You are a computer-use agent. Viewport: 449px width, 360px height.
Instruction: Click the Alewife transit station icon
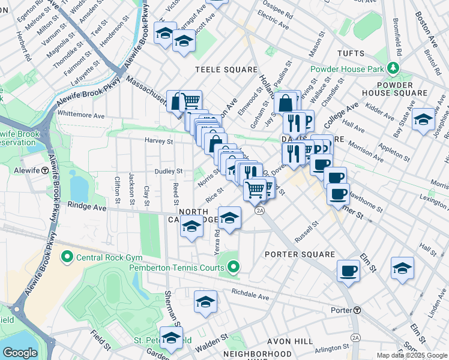(45, 170)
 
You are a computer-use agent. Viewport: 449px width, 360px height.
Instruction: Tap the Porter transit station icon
(357, 310)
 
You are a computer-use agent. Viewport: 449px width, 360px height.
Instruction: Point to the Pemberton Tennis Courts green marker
(234, 267)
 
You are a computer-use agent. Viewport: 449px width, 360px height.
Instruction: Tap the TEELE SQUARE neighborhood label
(226, 70)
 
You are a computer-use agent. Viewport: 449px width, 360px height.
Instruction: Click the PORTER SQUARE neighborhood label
(300, 254)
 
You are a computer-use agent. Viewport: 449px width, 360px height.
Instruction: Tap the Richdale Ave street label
(250, 295)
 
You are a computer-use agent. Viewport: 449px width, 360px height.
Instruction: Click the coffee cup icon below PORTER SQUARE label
(348, 271)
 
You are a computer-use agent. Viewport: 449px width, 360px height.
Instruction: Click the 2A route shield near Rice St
(259, 211)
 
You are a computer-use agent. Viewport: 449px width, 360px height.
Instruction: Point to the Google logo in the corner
(20, 353)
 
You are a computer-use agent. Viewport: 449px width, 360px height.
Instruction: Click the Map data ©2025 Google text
(412, 355)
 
